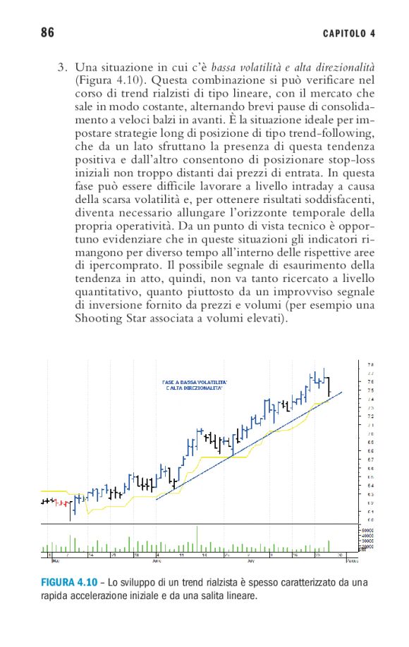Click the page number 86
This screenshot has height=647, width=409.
coord(48,32)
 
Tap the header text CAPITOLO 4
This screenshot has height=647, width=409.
coord(348,33)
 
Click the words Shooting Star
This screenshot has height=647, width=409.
coord(114,319)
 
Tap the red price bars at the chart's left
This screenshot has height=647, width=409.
coord(62,503)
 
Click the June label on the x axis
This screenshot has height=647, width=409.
coord(157,562)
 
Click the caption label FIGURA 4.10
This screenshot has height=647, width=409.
coord(68,584)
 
